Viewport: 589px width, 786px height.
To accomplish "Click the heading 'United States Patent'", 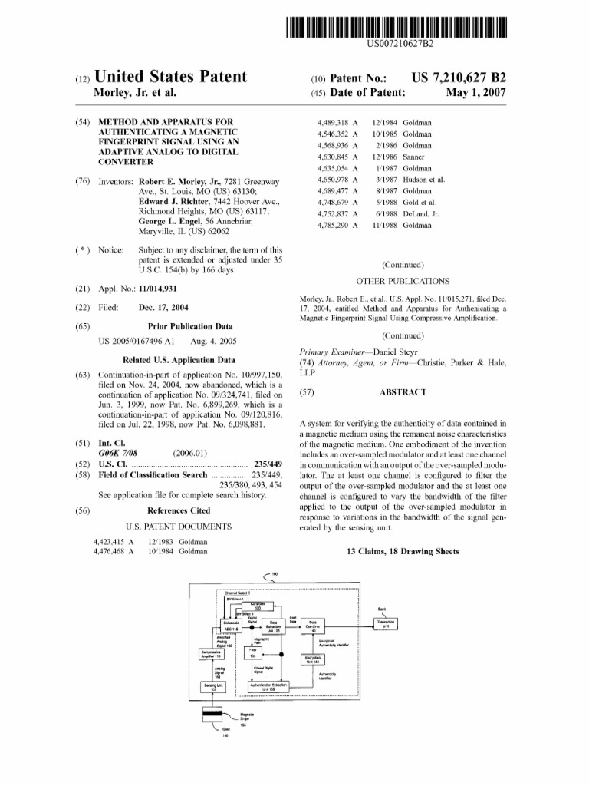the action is [x=169, y=77].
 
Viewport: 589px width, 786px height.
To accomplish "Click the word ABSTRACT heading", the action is [x=402, y=391].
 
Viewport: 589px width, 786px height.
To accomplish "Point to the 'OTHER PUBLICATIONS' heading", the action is [x=403, y=282].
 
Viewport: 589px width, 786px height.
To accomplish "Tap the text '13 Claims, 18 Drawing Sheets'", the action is [x=403, y=551].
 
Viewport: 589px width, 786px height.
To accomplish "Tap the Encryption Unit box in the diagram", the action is [x=312, y=659].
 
